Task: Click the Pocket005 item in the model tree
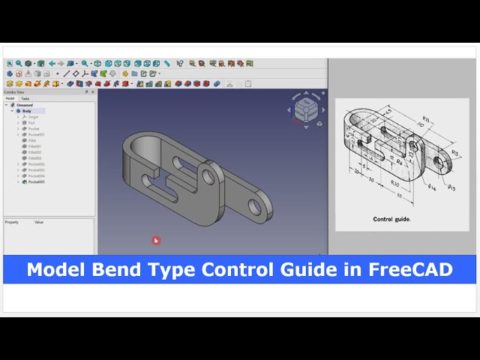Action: [36, 182]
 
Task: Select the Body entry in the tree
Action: [27, 111]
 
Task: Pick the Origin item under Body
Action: [33, 117]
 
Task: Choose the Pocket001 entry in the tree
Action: [36, 134]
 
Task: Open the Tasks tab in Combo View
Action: [25, 98]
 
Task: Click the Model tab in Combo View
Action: [10, 98]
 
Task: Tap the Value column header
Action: [39, 222]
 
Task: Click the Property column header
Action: [12, 222]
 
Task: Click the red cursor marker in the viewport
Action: [156, 240]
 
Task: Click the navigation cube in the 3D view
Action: [304, 110]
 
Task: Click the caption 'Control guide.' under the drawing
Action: [392, 219]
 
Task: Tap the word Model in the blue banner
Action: [53, 270]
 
